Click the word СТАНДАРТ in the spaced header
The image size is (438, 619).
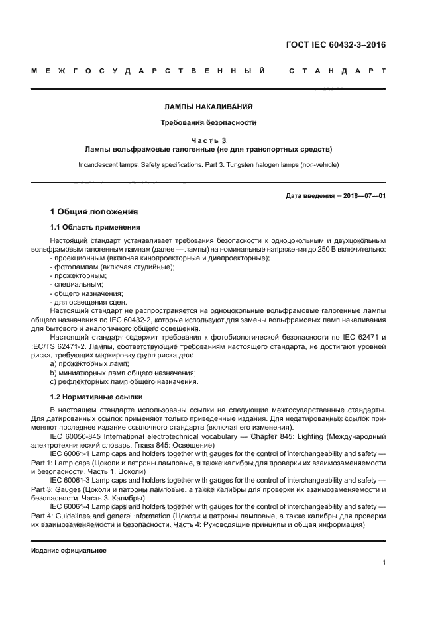click(337, 70)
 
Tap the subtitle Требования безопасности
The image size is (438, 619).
click(209, 122)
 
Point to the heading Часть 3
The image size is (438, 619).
click(209, 140)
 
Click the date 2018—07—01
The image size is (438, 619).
click(363, 197)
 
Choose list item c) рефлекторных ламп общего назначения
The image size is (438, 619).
click(124, 382)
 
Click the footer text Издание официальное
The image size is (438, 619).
click(69, 551)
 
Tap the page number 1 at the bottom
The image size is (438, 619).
click(384, 563)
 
